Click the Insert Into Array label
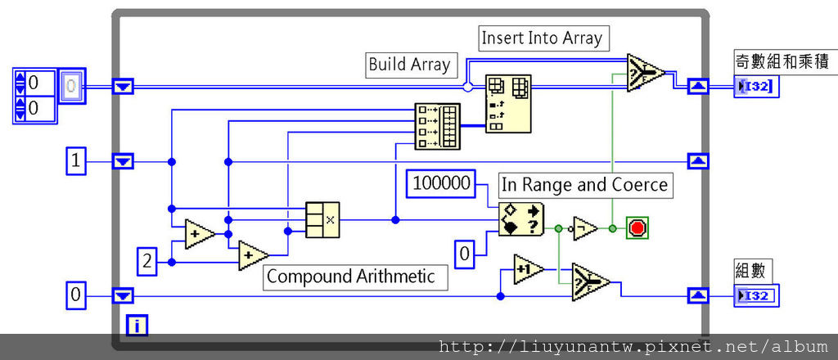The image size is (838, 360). (x=542, y=38)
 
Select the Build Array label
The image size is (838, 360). (x=409, y=65)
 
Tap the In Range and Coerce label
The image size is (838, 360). (x=584, y=185)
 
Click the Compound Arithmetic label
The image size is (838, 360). (x=355, y=277)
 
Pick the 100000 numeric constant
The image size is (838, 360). (x=442, y=183)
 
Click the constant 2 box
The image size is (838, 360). (x=147, y=262)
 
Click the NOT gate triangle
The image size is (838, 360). (x=584, y=229)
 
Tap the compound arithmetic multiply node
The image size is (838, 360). (x=322, y=220)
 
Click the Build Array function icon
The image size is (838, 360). (x=438, y=126)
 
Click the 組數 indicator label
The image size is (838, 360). (x=753, y=269)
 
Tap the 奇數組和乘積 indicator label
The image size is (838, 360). (x=782, y=61)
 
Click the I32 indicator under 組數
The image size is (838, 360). (x=757, y=295)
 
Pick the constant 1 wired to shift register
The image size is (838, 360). (x=76, y=162)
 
